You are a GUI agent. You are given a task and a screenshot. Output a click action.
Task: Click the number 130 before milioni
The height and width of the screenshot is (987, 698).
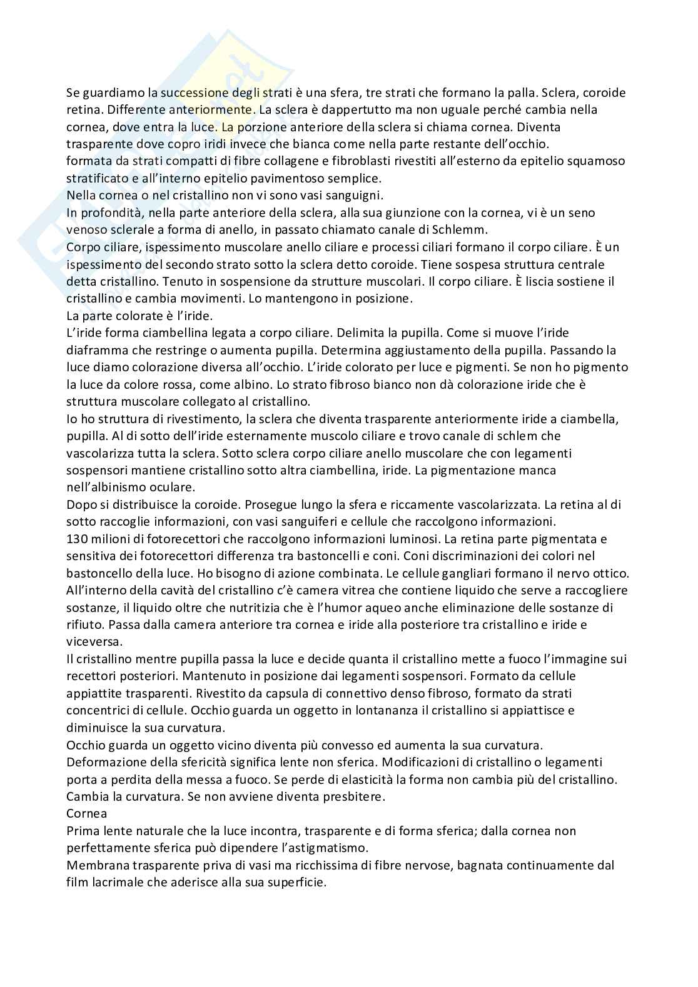[x=76, y=539]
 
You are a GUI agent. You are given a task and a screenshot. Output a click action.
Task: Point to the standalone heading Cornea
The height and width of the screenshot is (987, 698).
[x=86, y=814]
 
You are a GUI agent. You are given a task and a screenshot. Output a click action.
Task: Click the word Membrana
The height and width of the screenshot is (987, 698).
[x=94, y=865]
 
